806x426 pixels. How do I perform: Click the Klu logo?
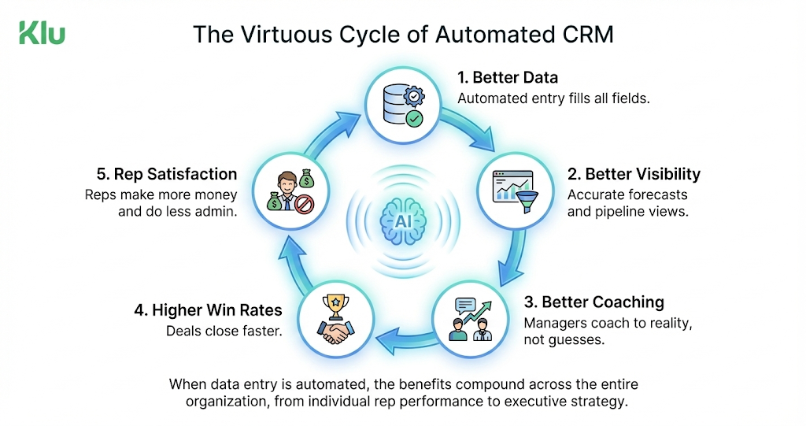42,34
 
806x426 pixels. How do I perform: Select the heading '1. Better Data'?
508,77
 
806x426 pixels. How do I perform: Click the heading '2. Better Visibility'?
633,174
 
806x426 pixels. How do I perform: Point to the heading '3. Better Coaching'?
594,302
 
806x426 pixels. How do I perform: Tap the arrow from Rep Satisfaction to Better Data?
331,131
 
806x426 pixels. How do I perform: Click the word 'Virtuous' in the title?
286,35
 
